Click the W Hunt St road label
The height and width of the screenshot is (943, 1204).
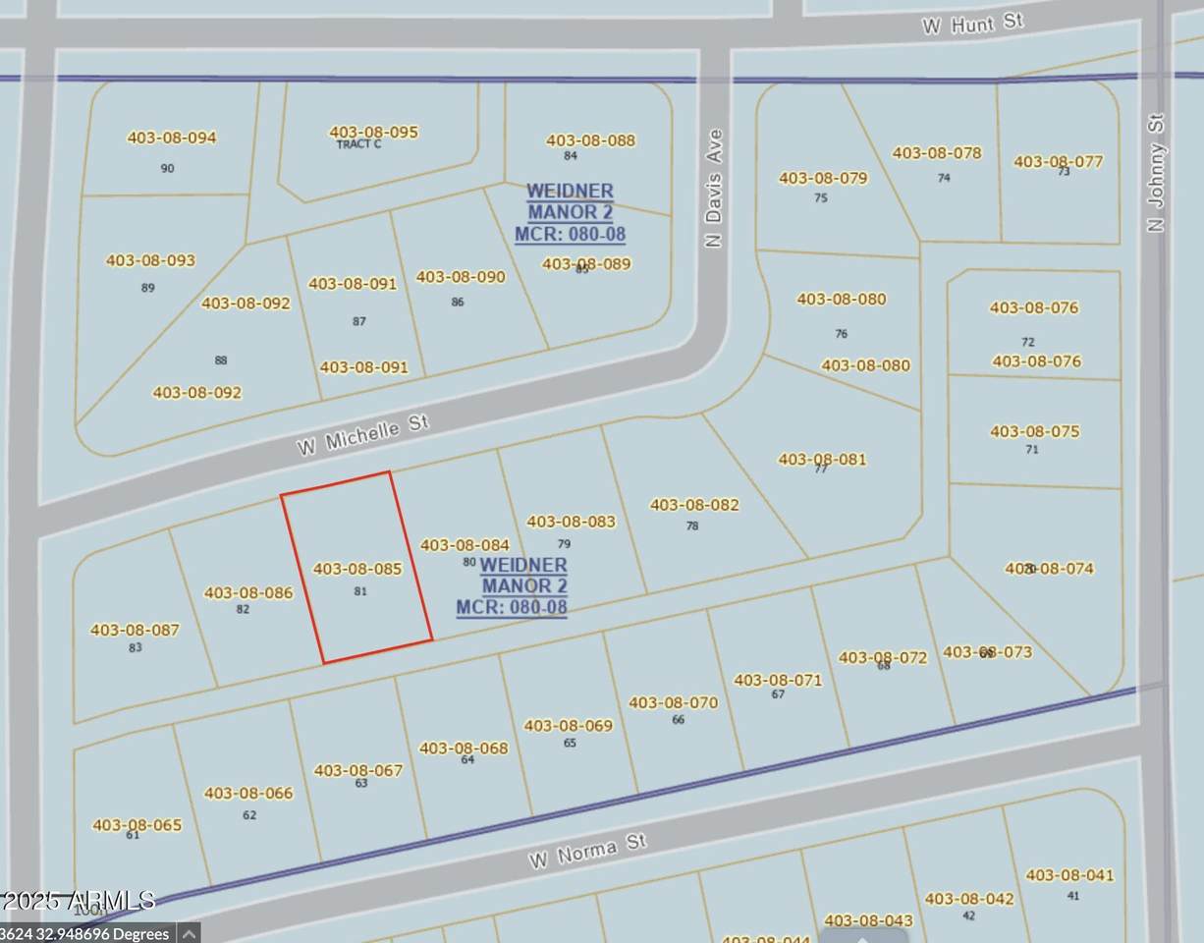tap(972, 23)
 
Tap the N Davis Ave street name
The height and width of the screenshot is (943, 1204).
tap(714, 188)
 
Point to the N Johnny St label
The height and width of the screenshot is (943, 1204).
tap(1156, 173)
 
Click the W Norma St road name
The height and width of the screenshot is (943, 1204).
tap(588, 851)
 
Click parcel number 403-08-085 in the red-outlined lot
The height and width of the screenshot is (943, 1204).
tap(357, 569)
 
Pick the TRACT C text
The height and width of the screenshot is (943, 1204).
tap(358, 144)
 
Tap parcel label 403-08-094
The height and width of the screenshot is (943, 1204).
tap(172, 138)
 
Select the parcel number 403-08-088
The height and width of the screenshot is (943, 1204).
tap(590, 140)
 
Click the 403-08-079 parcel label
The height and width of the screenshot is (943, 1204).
tap(823, 178)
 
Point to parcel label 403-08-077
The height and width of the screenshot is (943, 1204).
tap(1059, 162)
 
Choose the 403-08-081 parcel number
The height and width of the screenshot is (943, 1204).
tap(822, 459)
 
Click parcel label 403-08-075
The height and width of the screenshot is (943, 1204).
tap(1034, 431)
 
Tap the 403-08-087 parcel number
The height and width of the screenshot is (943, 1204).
tap(135, 630)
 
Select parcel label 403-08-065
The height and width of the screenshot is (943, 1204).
tap(137, 825)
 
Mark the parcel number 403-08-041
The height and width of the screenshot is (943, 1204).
tap(1070, 875)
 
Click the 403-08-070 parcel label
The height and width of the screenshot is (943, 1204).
tap(673, 702)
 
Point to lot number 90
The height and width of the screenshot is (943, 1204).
tap(167, 168)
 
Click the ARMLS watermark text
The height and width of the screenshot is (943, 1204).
tap(79, 900)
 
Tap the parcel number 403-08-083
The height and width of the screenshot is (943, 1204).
tap(572, 522)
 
